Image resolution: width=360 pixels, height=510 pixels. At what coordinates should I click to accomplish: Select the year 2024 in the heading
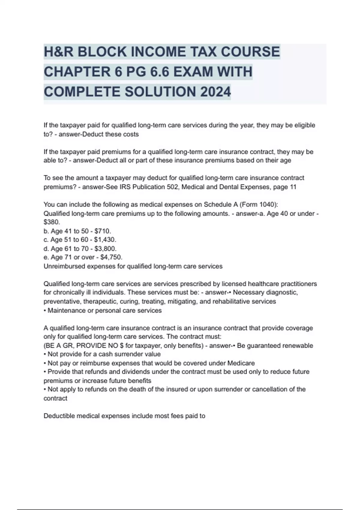point(215,92)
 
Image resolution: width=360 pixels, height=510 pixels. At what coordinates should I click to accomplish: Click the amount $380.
point(52,222)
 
